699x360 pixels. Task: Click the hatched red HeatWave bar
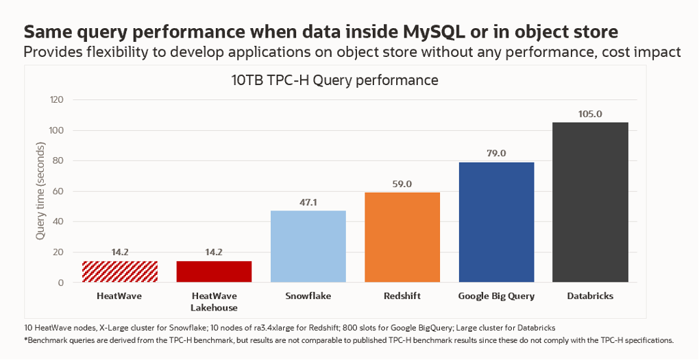point(120,272)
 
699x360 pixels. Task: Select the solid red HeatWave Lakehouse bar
point(214,272)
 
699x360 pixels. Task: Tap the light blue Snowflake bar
point(308,246)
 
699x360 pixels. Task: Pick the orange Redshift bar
point(402,237)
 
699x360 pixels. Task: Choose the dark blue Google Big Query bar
point(496,222)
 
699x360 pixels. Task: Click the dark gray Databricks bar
point(590,202)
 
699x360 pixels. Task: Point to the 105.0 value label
point(590,115)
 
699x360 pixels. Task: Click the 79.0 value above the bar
point(496,154)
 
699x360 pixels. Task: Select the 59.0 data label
point(402,184)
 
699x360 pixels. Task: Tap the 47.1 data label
point(308,202)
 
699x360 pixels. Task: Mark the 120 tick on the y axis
point(56,100)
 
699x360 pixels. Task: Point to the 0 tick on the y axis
point(61,283)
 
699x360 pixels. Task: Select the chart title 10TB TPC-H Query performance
point(334,80)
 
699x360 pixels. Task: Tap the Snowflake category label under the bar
point(308,296)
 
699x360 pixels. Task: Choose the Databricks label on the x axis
point(590,296)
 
